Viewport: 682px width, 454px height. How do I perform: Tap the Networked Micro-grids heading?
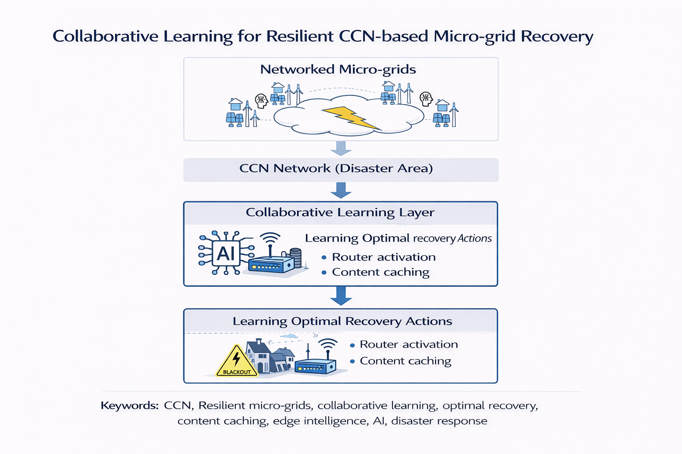(x=338, y=70)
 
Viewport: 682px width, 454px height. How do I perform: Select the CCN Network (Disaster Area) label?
(x=336, y=168)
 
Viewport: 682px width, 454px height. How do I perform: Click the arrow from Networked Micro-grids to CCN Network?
(x=341, y=148)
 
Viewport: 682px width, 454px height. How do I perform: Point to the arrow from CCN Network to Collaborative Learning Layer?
(x=341, y=190)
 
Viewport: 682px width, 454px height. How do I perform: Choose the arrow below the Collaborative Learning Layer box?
(x=341, y=296)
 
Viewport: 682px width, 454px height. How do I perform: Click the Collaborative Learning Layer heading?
(x=340, y=212)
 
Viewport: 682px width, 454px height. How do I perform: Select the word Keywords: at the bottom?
(x=129, y=406)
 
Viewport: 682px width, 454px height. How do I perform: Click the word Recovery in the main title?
(x=557, y=36)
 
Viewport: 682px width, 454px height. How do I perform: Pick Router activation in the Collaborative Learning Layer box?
(x=384, y=257)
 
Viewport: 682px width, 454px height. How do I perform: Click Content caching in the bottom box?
(x=405, y=361)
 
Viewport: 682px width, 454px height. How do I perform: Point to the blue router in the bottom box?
(x=315, y=366)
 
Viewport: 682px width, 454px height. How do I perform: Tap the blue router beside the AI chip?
(x=271, y=264)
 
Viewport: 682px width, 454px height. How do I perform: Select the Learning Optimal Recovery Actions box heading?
(x=342, y=321)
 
